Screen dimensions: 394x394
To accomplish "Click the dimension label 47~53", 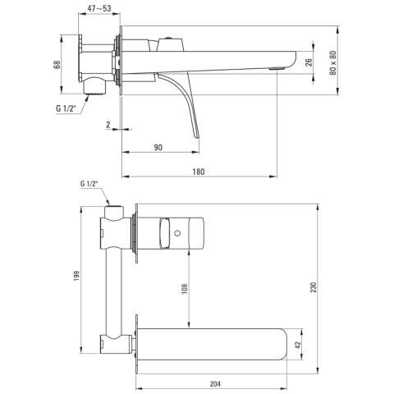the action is [99, 8].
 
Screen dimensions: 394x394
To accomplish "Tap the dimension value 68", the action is [57, 65].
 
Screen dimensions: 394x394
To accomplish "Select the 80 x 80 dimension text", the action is [333, 62].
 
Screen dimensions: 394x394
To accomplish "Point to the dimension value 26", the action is [309, 62].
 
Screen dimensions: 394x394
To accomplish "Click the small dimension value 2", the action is [108, 125].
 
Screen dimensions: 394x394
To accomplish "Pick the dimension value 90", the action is [158, 148].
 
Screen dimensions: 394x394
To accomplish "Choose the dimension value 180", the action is [199, 172].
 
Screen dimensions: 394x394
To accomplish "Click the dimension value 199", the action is [76, 276].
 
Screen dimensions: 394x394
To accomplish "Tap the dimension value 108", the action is [185, 289].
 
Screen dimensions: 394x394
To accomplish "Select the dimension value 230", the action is [314, 287].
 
